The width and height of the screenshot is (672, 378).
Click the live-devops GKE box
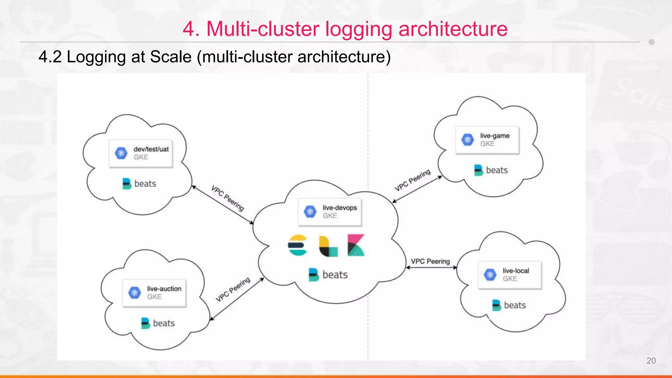click(330, 212)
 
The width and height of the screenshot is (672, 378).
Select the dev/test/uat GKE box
click(141, 153)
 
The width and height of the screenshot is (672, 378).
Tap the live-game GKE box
click(487, 140)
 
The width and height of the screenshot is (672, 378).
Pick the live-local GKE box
click(510, 275)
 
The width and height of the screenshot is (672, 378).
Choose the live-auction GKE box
click(154, 293)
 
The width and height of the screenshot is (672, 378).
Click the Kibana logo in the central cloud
click(356, 245)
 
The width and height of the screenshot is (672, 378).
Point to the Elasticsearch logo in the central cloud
click(297, 245)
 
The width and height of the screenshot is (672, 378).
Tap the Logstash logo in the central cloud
click(328, 246)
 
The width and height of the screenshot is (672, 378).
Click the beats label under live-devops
click(328, 275)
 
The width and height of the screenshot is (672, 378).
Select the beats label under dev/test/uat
click(139, 183)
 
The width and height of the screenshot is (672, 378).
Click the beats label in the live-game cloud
click(491, 170)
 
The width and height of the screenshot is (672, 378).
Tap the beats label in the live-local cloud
click(509, 305)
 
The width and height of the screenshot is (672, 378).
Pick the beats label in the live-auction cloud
click(158, 323)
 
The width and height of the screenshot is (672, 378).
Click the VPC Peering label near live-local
click(430, 261)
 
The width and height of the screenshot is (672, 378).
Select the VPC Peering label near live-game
click(412, 180)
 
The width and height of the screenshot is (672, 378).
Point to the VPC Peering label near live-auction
click(233, 289)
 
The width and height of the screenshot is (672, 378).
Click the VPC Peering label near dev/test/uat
click(228, 198)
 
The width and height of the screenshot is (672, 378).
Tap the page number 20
click(651, 361)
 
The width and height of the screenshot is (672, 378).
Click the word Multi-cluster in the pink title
click(262, 29)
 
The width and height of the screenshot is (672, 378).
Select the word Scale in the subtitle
click(171, 57)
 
